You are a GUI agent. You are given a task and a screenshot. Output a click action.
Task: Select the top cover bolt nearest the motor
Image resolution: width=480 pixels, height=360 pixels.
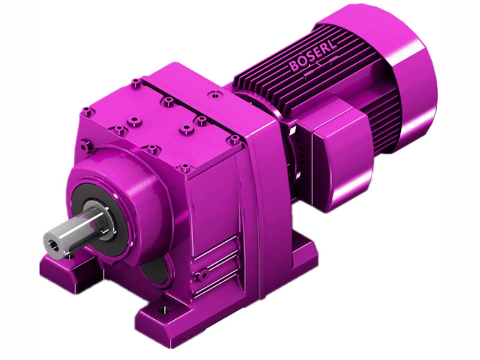coord(235,139)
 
